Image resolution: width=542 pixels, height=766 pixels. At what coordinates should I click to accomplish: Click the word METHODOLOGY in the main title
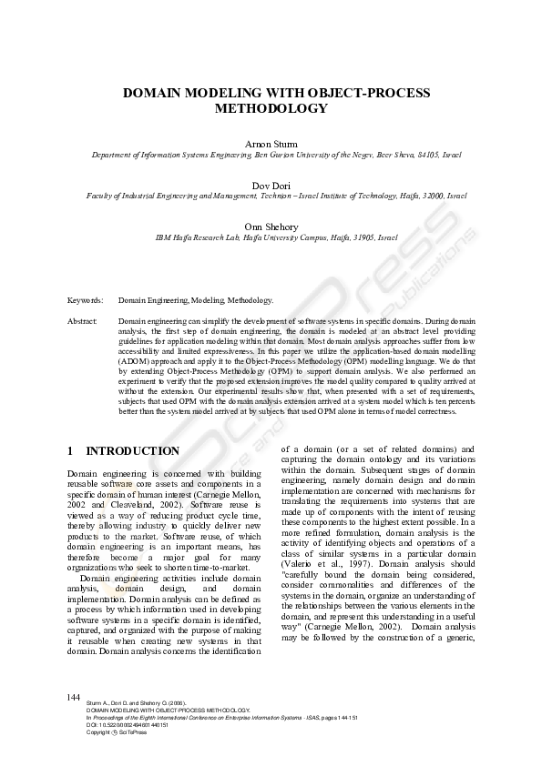[271, 108]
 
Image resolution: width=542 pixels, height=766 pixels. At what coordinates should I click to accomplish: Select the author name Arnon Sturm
[271, 145]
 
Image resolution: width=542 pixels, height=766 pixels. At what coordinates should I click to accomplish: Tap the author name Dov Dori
[271, 185]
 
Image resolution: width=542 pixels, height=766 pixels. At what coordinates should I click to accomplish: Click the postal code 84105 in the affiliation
[414, 156]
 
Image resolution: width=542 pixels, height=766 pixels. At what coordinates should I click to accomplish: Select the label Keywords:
[85, 299]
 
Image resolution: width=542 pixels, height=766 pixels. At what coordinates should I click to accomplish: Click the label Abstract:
[83, 322]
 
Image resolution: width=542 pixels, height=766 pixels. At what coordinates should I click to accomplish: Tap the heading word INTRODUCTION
[133, 451]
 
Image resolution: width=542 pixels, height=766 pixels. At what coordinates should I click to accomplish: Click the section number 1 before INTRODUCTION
[71, 451]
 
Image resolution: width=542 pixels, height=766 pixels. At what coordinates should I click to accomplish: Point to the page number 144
[75, 697]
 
